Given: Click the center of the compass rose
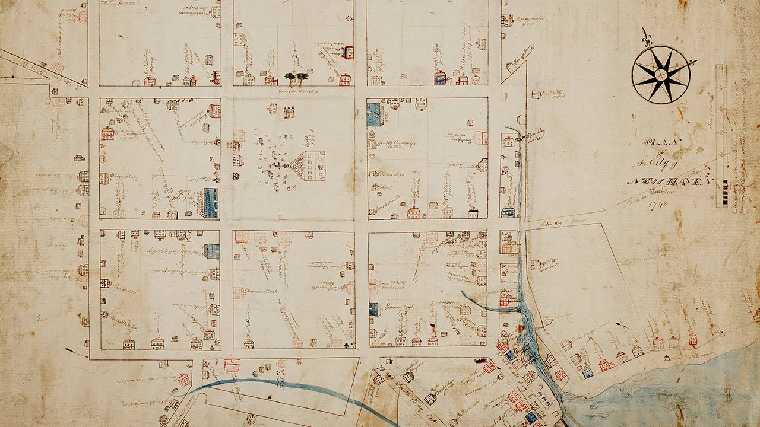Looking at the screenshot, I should pos(660,74).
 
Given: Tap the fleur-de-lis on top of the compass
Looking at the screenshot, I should pos(647,36).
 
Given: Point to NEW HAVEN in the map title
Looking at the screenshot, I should pos(669,181).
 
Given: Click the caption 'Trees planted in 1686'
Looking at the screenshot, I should pos(297,90).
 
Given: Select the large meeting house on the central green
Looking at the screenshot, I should pos(308,166).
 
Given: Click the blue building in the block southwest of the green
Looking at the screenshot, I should pos(211,250).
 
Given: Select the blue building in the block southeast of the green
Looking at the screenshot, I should pos(373,308).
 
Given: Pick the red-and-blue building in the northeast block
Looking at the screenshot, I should pos(440,78).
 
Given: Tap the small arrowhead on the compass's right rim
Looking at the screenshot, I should pos(692,62).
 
